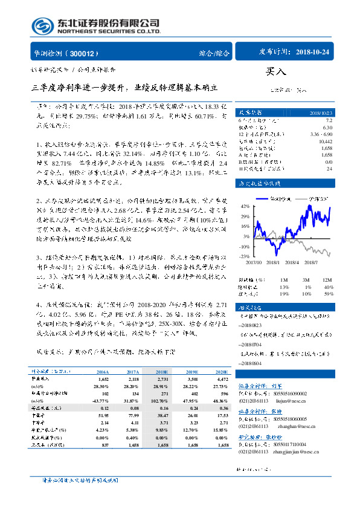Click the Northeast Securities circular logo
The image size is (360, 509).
41,26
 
